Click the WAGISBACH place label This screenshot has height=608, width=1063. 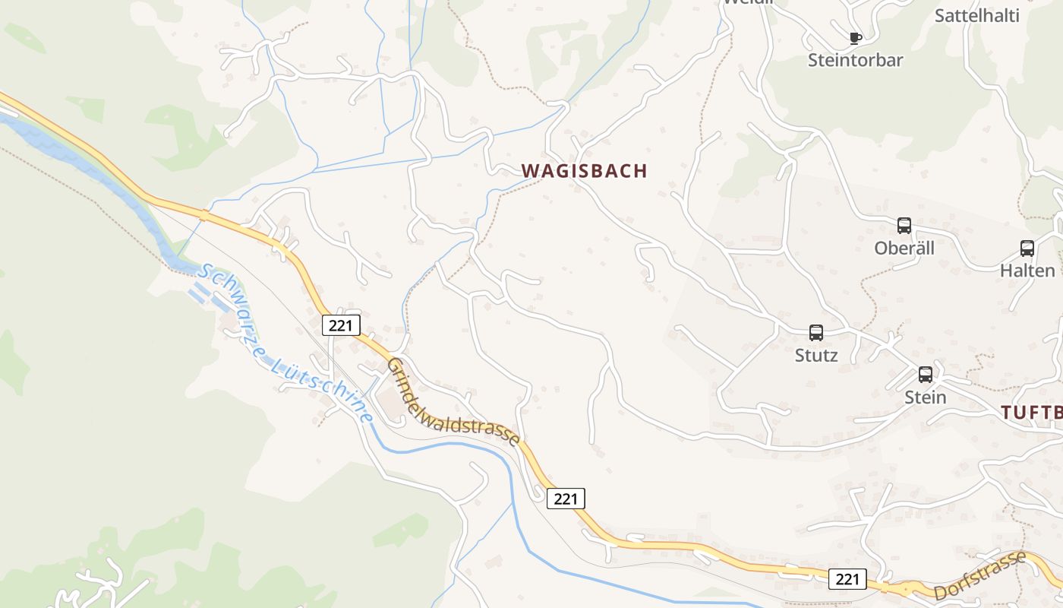(x=585, y=171)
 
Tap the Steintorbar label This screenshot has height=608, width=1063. (x=855, y=60)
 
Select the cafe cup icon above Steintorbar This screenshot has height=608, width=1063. (x=856, y=38)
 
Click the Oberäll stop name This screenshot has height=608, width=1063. (x=904, y=249)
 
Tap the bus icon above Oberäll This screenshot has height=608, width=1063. (x=904, y=226)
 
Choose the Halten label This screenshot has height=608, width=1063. (x=1027, y=271)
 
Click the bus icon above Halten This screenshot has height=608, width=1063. (x=1027, y=249)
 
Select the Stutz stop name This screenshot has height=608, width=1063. (x=816, y=355)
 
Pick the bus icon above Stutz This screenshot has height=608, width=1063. (x=816, y=333)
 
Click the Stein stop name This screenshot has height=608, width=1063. (x=925, y=397)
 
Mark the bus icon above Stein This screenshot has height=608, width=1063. (x=925, y=375)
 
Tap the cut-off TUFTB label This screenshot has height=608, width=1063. (x=1031, y=413)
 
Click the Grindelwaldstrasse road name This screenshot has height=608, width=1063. (x=453, y=402)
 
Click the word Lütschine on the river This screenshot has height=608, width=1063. (x=324, y=388)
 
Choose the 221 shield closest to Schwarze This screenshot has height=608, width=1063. (x=340, y=325)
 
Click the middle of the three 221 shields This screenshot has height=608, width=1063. (x=566, y=499)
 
